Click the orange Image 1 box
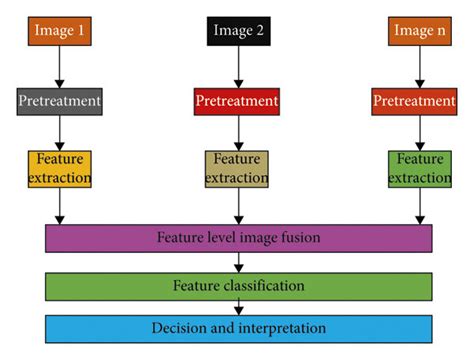click(61, 32)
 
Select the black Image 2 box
click(237, 32)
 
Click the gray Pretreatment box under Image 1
click(61, 102)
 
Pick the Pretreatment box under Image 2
click(237, 102)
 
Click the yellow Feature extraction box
click(61, 168)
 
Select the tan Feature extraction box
click(237, 168)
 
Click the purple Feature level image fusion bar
click(238, 238)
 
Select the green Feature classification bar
click(238, 286)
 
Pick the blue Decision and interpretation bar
click(238, 328)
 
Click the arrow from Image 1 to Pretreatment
click(61, 68)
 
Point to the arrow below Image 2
click(237, 68)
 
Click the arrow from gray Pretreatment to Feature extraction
click(61, 133)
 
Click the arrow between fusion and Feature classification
click(238, 262)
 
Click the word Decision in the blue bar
click(178, 328)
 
